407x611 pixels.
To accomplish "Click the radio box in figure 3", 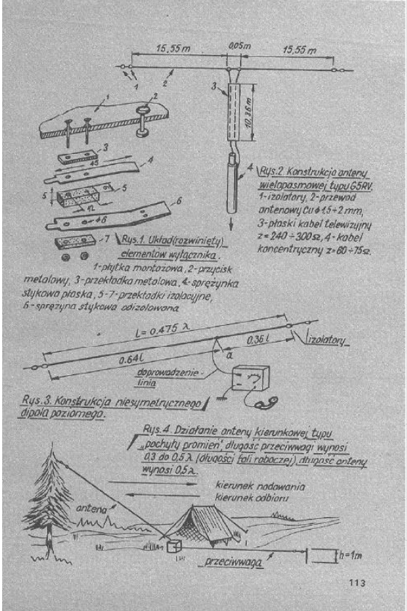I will click(x=249, y=378).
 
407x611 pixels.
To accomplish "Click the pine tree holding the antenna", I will click(x=54, y=501).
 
